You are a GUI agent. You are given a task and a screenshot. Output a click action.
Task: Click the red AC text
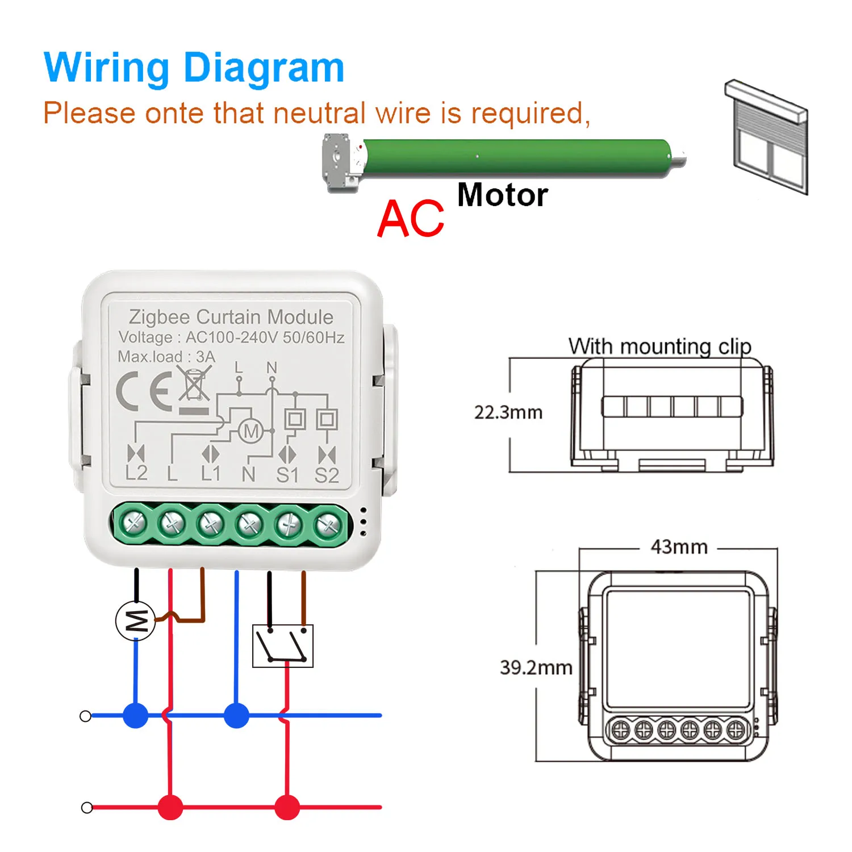(411, 219)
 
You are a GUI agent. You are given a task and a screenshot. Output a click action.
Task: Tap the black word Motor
(503, 195)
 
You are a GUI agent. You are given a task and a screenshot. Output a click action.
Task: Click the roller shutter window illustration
(766, 137)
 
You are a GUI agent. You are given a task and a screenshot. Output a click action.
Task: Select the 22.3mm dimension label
(508, 412)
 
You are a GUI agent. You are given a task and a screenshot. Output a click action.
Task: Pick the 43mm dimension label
(679, 547)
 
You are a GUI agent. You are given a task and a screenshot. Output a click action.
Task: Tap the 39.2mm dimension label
(536, 667)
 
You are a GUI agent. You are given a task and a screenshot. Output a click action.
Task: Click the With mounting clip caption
(660, 346)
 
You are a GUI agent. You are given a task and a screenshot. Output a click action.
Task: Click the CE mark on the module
(144, 392)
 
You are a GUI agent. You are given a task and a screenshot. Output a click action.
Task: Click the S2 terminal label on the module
(327, 475)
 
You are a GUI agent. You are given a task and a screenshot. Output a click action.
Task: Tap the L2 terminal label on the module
(136, 473)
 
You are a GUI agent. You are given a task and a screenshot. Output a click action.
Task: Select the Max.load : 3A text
(166, 357)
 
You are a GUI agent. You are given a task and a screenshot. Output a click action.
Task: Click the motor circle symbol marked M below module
(136, 621)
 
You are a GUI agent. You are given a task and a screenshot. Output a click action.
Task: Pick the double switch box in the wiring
(283, 646)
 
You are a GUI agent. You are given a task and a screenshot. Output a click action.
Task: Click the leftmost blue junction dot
(136, 716)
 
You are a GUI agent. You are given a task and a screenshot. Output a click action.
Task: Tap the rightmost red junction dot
(287, 807)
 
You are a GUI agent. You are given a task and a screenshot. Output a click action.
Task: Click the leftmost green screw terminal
(134, 523)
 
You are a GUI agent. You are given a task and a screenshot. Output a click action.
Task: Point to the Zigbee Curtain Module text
(231, 317)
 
